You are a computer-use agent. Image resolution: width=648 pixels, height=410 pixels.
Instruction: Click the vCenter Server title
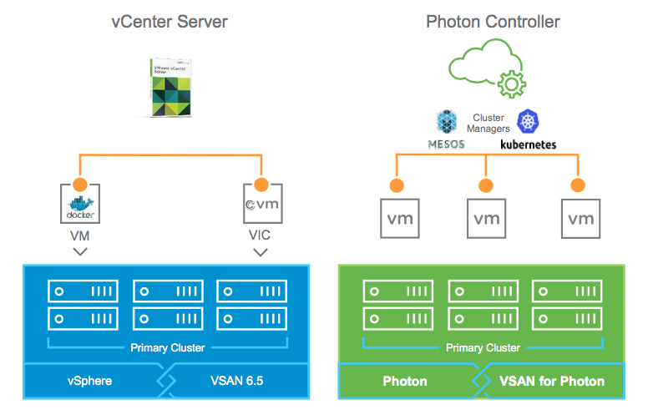(x=170, y=21)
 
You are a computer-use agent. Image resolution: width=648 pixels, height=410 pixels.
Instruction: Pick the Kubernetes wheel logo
(x=529, y=122)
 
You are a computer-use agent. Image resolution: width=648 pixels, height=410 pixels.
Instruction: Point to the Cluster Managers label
(x=489, y=124)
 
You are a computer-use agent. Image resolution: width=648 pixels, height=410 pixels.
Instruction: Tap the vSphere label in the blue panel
(x=90, y=381)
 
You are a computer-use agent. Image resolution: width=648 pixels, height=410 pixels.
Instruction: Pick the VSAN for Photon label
(x=552, y=381)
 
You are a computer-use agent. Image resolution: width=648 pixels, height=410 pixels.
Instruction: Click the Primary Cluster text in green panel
(x=483, y=347)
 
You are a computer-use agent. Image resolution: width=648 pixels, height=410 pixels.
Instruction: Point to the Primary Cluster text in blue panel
(x=166, y=347)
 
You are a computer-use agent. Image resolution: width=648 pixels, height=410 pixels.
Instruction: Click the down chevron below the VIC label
(x=260, y=251)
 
